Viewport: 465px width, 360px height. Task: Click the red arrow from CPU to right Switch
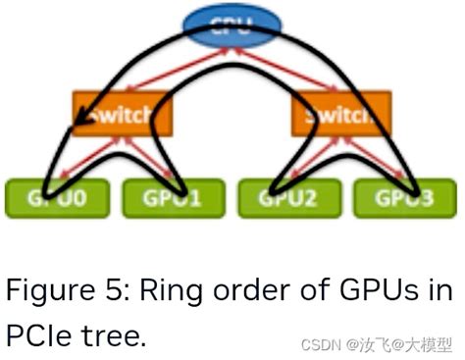pos(294,69)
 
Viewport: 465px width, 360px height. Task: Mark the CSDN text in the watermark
pos(317,345)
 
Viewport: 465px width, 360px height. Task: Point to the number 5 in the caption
pos(111,291)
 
